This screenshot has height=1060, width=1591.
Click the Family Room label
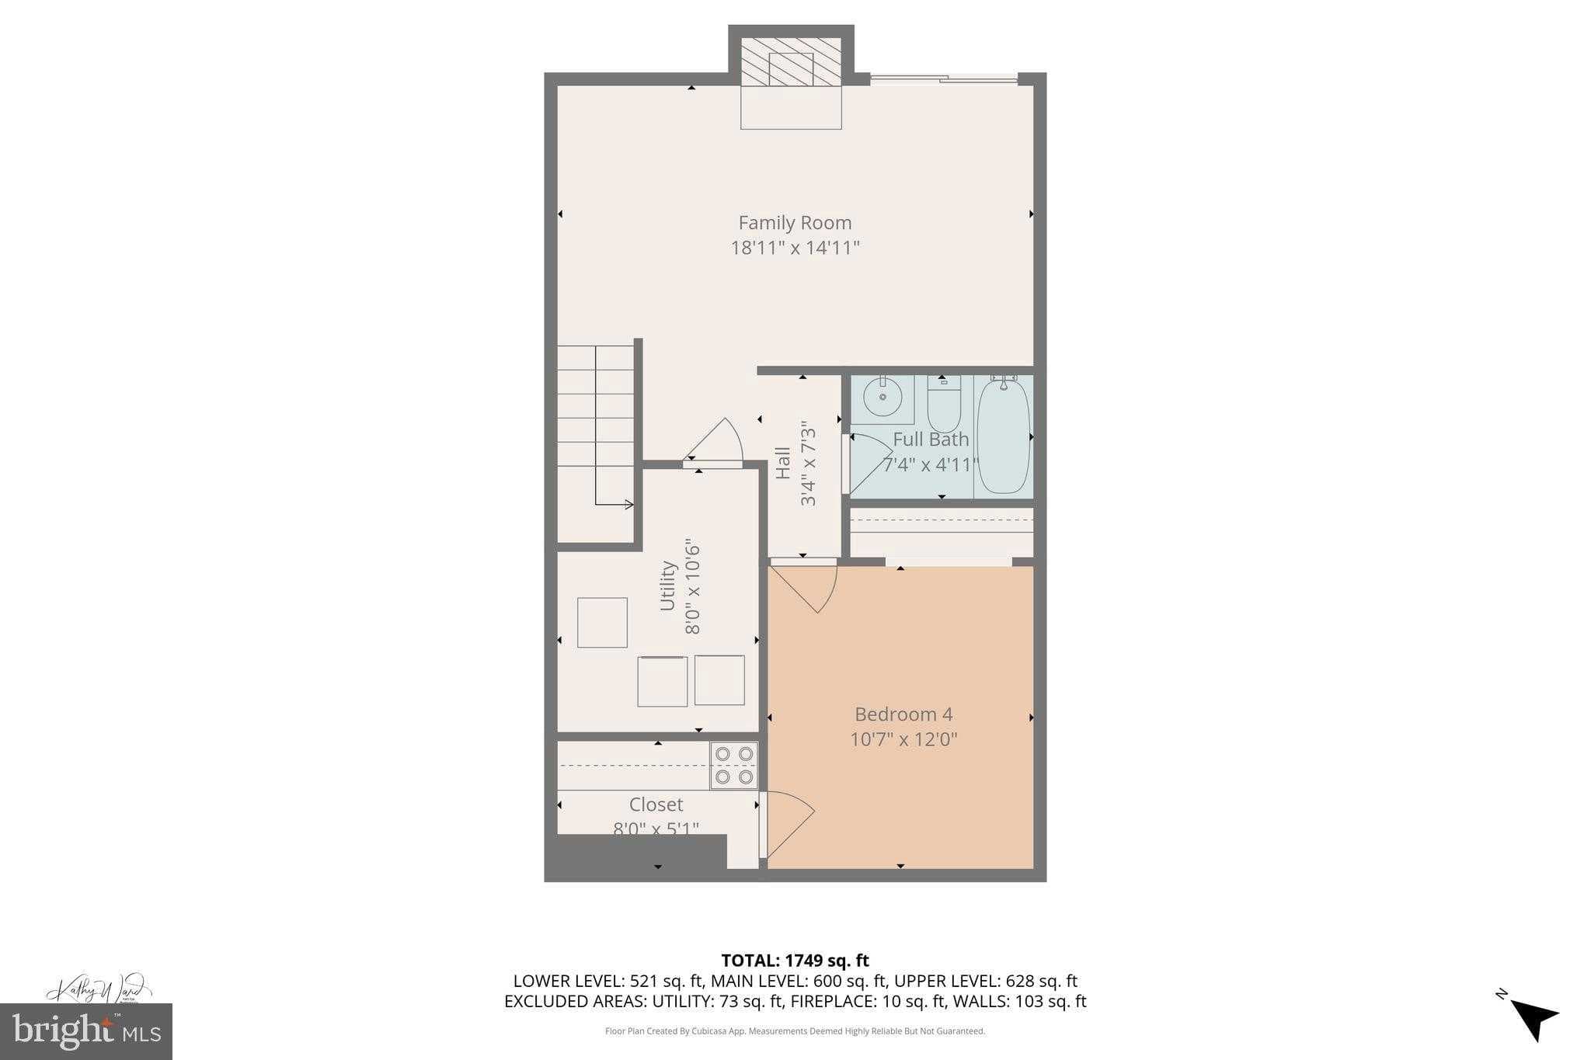(795, 223)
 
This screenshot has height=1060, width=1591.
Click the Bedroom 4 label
(903, 714)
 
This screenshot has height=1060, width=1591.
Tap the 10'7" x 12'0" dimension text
(903, 739)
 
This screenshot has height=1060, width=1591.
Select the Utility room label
(667, 586)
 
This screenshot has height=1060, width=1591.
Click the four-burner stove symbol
(733, 765)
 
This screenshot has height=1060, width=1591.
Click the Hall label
(783, 463)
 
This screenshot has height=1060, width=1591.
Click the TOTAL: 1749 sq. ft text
(795, 961)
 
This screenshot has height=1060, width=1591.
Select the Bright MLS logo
(85, 1031)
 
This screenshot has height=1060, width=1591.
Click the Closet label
(656, 805)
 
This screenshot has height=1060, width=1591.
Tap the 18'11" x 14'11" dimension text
(795, 248)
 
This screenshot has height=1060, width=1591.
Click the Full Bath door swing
(869, 464)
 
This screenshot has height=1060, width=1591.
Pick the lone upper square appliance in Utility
(602, 622)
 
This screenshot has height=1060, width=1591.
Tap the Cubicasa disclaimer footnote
(795, 1031)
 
